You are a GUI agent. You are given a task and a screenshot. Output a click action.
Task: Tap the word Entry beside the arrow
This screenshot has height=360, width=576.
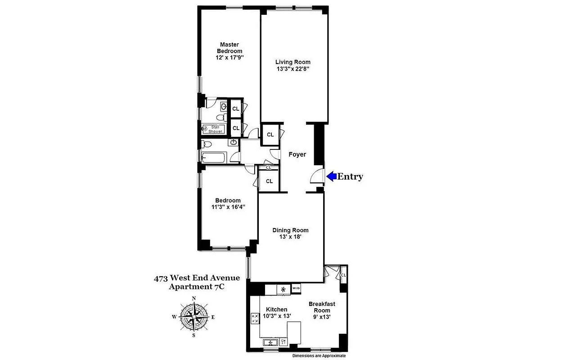(x=350, y=176)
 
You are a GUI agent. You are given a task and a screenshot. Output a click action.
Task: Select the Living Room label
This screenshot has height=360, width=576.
(x=293, y=62)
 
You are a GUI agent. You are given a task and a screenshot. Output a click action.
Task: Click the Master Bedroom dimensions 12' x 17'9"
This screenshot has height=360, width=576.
(x=231, y=58)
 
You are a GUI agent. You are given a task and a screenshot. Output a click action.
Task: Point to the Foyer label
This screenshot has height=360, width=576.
(x=297, y=154)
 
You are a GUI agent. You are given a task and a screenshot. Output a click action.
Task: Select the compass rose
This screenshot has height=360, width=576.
(x=194, y=316)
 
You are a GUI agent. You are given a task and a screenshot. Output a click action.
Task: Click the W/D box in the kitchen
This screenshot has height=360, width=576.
(x=296, y=288)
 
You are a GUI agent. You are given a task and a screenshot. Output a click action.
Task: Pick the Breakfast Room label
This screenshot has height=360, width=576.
(x=322, y=307)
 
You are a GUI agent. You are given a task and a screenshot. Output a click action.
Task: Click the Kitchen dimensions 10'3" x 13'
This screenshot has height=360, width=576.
(x=276, y=316)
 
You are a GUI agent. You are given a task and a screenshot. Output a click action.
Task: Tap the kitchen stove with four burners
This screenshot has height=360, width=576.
(x=255, y=318)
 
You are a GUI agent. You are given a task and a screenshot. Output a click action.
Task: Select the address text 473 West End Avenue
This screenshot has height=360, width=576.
(x=197, y=278)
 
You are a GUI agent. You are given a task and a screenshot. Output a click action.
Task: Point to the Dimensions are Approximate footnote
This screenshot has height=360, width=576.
(x=319, y=355)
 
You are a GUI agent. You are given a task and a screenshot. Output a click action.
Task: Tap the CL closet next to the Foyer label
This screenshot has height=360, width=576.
(x=270, y=135)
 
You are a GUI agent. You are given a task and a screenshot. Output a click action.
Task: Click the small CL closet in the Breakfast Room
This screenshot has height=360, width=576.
(x=343, y=275)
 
